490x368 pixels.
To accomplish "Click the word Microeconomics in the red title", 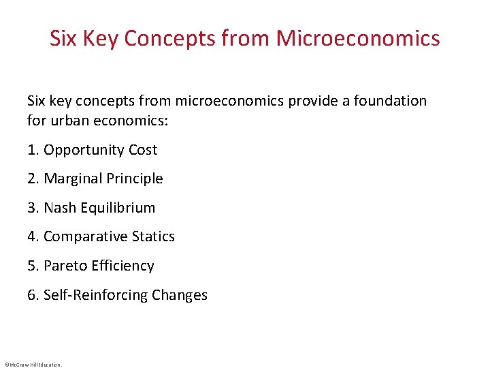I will point(358,38).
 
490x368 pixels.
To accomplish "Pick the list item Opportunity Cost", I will point(100,150).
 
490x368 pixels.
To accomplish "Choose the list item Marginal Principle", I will point(103,179).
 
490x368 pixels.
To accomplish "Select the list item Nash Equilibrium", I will point(99,208).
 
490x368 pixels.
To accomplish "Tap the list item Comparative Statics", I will point(109,236).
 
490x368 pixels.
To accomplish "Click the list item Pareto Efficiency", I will point(99,266).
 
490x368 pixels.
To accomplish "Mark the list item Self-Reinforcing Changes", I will point(125,295).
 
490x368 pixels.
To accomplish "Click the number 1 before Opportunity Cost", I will point(31,150).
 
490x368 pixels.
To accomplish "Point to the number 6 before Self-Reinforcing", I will point(31,295).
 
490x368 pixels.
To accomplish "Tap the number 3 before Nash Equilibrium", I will point(31,208).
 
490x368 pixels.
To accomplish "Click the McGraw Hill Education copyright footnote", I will point(33,365).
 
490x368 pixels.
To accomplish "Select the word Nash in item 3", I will point(60,208).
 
